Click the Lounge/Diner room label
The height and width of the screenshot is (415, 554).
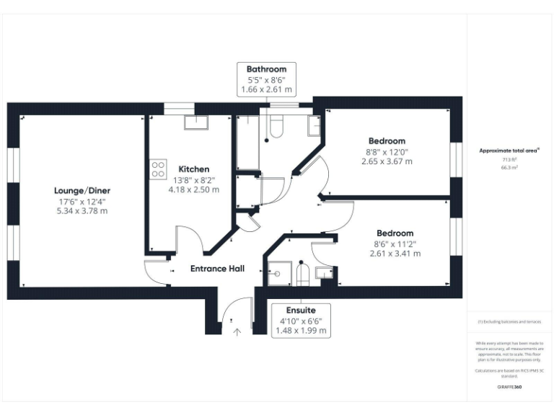[x=82, y=190]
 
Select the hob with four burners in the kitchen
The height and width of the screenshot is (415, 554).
[x=157, y=169]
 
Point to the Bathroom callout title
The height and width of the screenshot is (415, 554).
[x=266, y=69]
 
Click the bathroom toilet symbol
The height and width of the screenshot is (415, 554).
[x=274, y=128]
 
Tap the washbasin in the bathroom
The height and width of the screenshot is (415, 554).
[x=315, y=125]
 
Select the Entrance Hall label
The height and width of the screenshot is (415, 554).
[x=217, y=269]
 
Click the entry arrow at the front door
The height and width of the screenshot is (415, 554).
[x=237, y=331]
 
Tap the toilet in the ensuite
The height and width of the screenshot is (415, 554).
[x=303, y=273]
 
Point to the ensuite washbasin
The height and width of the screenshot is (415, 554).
[x=324, y=272]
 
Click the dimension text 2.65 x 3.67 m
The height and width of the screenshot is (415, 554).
[x=387, y=161]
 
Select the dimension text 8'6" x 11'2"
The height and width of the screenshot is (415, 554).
[x=394, y=244]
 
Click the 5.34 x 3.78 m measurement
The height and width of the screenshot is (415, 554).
[x=82, y=210]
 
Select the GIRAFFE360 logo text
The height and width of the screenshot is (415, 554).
[x=509, y=387]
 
